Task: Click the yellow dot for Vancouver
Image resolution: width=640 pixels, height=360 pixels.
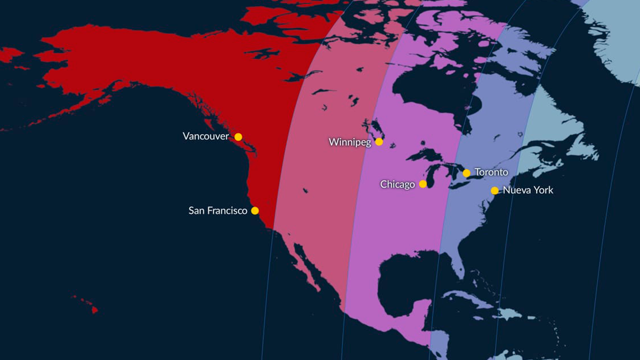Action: pos(238,137)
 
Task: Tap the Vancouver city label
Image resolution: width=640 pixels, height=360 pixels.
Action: pos(206,137)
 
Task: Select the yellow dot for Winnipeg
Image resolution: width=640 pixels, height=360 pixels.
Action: pos(379,142)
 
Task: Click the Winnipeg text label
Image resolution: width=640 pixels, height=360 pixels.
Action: pos(350,142)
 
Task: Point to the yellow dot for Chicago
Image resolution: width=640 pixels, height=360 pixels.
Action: pos(423,184)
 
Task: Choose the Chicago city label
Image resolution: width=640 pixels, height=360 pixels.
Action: pos(397,184)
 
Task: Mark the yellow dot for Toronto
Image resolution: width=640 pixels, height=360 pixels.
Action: pos(466,173)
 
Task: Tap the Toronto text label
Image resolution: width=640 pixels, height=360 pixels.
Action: pos(491,172)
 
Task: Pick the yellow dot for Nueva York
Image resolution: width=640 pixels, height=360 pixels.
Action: pos(494,191)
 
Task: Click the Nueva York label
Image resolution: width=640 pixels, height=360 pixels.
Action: pos(528,190)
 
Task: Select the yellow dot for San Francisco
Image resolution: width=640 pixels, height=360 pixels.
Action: pos(255,211)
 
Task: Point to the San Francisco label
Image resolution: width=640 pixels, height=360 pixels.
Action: pos(218,211)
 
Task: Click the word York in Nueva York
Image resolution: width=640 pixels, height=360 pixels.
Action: pos(543,190)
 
